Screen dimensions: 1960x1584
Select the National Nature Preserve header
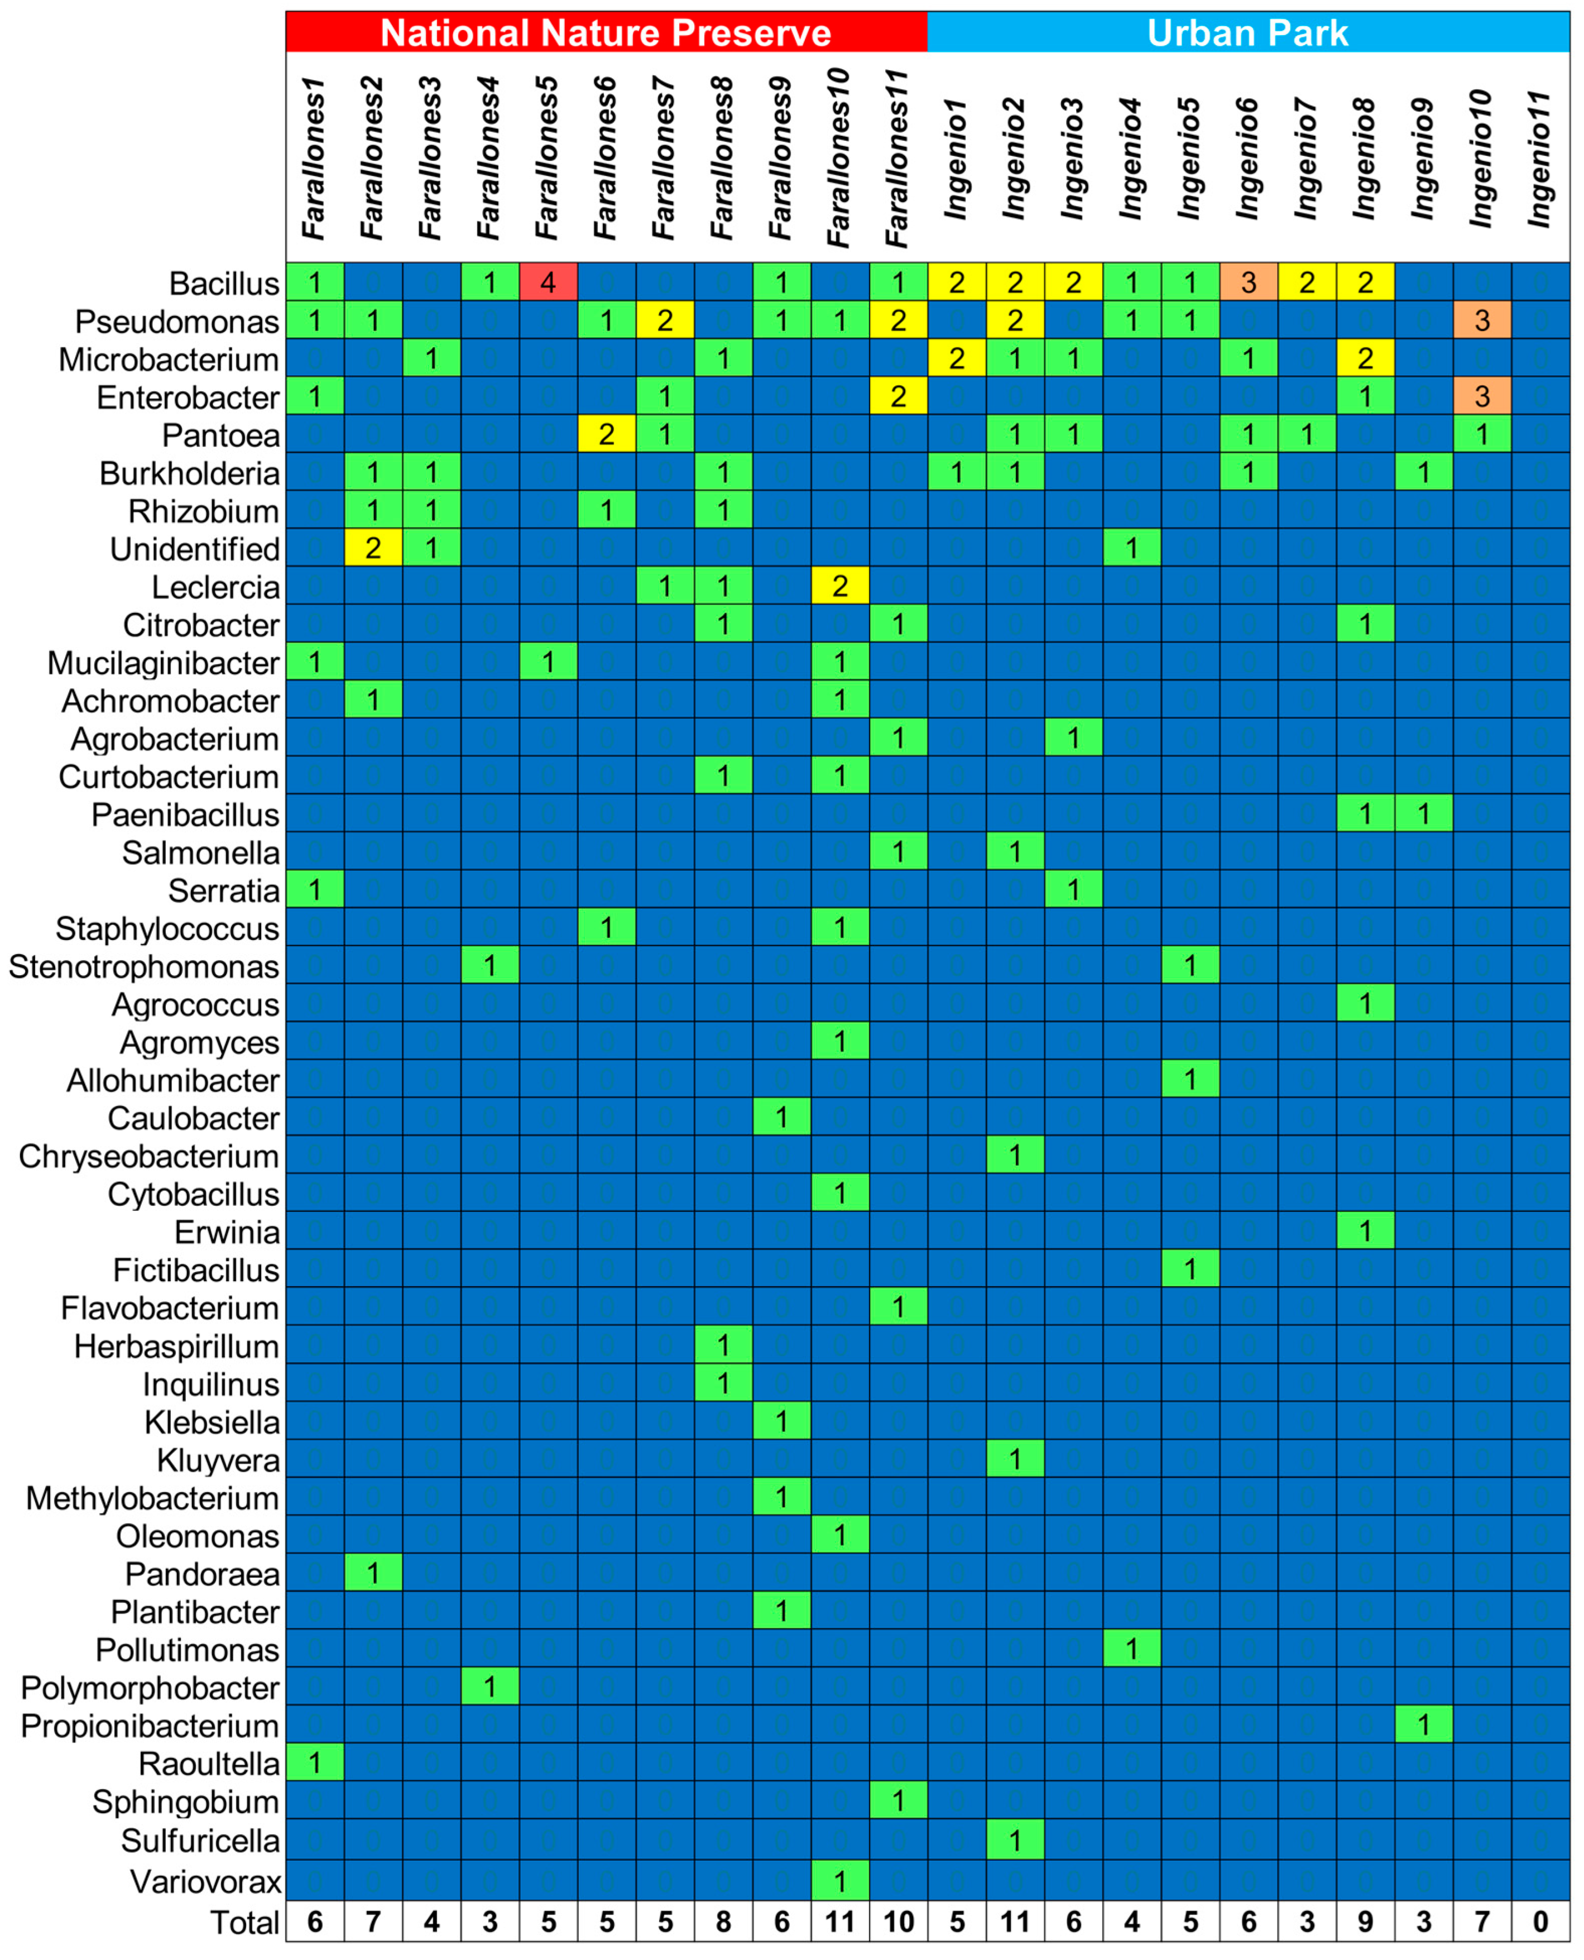[x=606, y=33]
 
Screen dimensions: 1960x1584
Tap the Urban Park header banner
[x=1247, y=33]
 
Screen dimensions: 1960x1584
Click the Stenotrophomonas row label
[x=143, y=966]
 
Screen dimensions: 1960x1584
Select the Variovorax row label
[x=205, y=1881]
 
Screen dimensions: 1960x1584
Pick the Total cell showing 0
[x=1540, y=1921]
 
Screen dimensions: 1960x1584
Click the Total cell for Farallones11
[x=898, y=1921]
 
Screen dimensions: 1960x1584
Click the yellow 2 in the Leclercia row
[x=839, y=586]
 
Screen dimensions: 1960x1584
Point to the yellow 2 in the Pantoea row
[x=606, y=434]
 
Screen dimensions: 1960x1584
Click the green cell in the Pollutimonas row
[x=1131, y=1650]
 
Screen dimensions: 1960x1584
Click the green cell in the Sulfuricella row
[x=1015, y=1841]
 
